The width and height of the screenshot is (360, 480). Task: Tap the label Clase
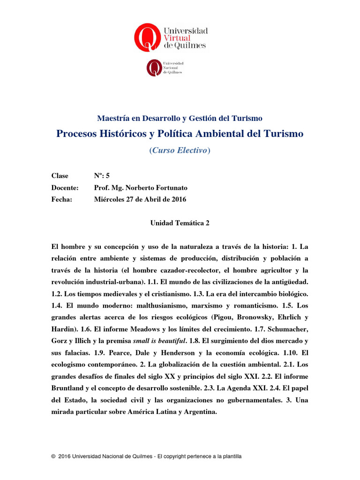coord(60,176)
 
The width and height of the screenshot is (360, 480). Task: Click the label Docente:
coord(65,187)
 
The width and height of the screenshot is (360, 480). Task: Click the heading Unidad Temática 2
coord(180,223)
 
